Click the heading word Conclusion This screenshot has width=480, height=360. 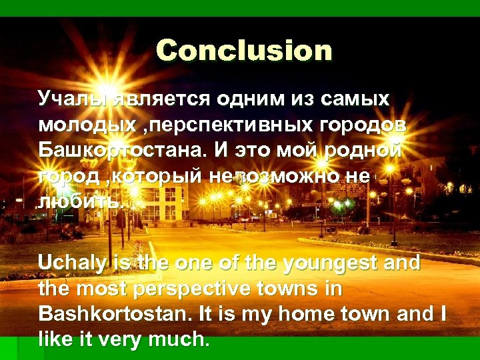[x=244, y=51]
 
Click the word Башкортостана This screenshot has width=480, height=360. [x=123, y=150]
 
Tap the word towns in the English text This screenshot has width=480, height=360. [x=303, y=289]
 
